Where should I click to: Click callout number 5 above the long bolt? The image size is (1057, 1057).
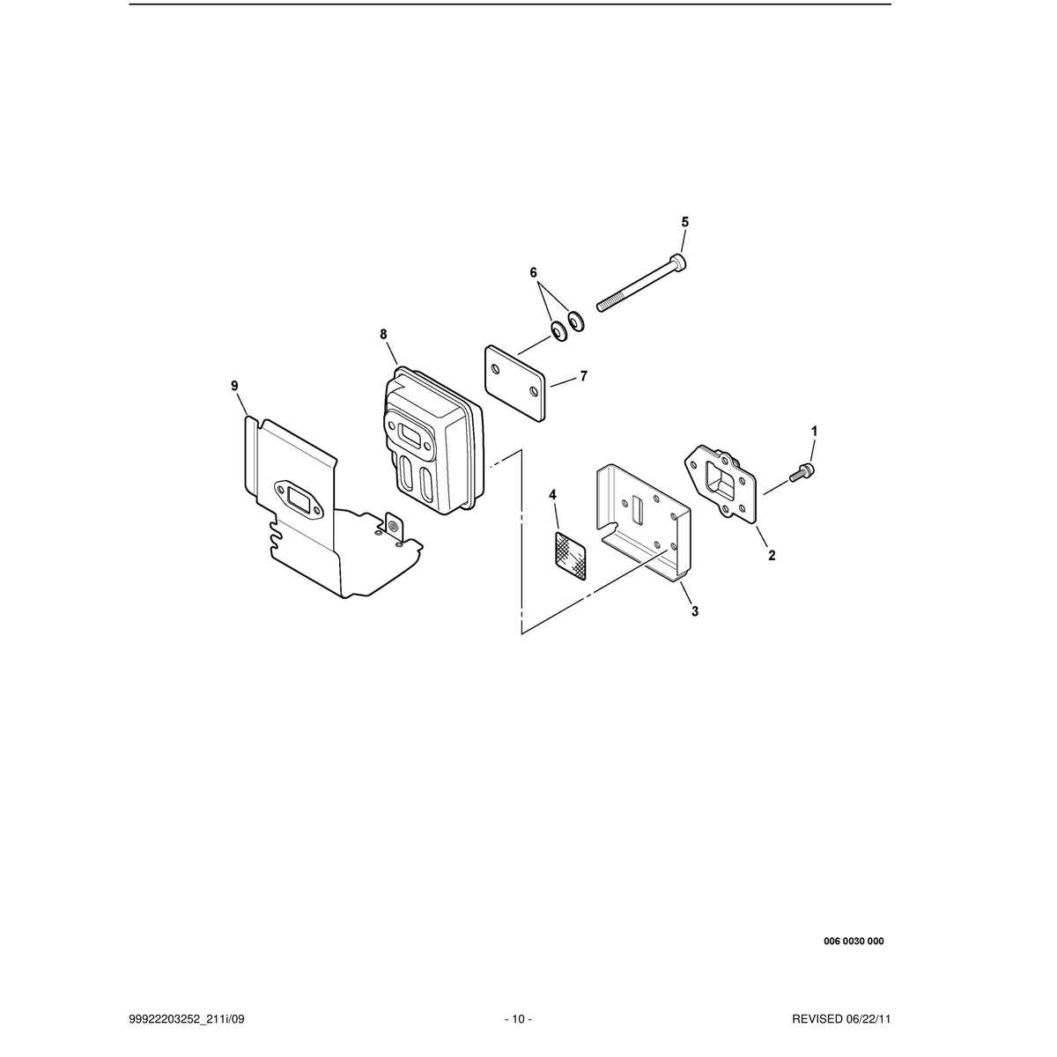pos(685,222)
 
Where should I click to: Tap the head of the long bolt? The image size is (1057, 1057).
pos(679,261)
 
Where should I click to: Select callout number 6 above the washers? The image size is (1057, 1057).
pos(534,272)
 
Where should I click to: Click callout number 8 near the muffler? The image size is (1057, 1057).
pos(383,334)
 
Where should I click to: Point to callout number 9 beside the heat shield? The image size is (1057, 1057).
pos(235,386)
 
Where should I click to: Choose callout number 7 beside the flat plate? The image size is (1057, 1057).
pos(584,376)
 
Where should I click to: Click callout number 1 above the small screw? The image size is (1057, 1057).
pos(815,432)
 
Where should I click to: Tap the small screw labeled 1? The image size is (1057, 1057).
pos(802,472)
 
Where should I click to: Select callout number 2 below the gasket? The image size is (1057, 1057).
pos(772,555)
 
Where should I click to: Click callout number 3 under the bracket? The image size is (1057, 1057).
pos(695,611)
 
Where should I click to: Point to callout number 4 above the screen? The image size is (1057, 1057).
pos(553,495)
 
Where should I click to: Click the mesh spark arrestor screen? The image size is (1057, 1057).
pos(569,555)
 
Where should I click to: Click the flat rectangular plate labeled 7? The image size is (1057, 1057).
pos(514,382)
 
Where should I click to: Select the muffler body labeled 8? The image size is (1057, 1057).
pos(431,440)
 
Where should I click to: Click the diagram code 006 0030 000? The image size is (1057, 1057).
pos(854,942)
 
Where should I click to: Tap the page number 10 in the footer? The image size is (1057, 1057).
pos(518,1019)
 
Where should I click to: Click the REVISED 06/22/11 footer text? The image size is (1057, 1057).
pos(841,1019)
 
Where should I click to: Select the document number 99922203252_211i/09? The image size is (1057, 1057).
pos(187,1019)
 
